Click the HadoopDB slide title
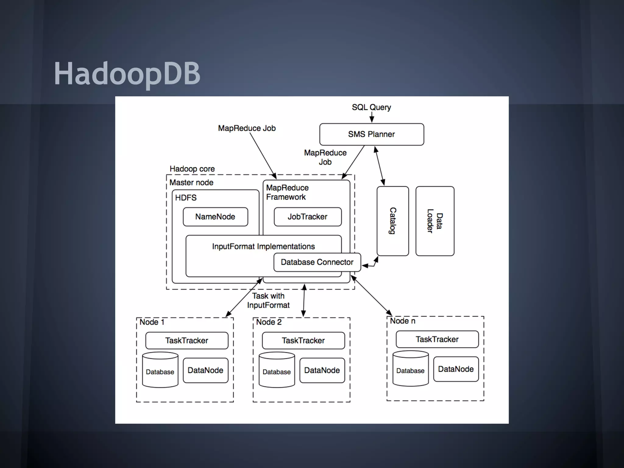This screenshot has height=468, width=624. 127,73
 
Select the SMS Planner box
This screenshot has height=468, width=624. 371,134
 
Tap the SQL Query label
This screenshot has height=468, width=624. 371,107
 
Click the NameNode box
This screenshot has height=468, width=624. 215,217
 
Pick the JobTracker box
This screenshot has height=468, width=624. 307,217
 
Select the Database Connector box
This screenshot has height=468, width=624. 317,262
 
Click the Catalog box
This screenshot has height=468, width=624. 392,221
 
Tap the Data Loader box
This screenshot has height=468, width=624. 434,221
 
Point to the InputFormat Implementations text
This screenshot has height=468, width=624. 263,246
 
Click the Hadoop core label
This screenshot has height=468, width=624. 192,169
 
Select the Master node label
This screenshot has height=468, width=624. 191,183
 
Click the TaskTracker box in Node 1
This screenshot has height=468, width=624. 186,341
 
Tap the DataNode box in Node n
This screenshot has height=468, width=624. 456,369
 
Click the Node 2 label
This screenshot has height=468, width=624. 268,322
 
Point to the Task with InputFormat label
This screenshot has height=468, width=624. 268,300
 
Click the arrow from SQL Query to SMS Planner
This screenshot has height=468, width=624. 372,117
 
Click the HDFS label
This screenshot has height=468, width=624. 186,198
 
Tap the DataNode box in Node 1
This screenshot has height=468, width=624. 205,370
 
